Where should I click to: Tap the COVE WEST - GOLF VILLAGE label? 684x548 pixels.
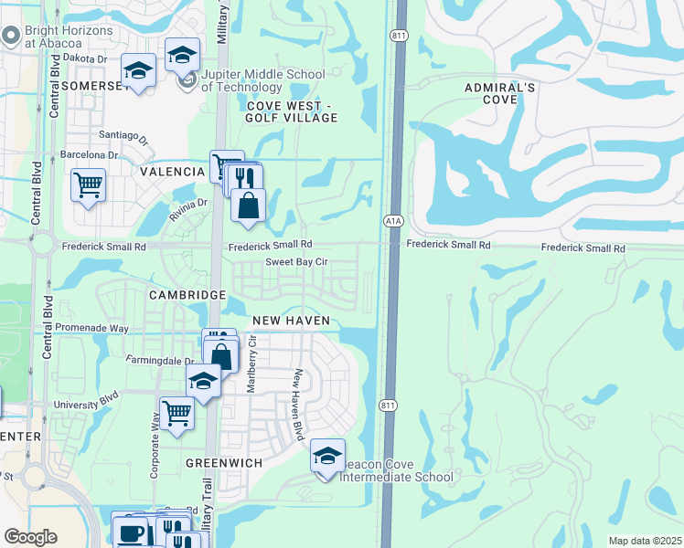point(292,111)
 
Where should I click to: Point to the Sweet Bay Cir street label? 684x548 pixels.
point(296,262)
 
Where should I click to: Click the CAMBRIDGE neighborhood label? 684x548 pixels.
point(187,295)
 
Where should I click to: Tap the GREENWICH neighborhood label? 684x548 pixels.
point(224,463)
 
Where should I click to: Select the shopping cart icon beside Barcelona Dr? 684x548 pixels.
point(88,185)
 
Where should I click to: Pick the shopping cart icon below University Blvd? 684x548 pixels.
point(176,412)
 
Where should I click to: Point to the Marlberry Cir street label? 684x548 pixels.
point(253,363)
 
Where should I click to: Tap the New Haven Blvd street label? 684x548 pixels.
point(297,405)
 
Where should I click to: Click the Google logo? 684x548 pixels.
point(30,537)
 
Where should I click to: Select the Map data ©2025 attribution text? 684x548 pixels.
point(645,541)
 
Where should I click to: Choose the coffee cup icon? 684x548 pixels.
point(129,532)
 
